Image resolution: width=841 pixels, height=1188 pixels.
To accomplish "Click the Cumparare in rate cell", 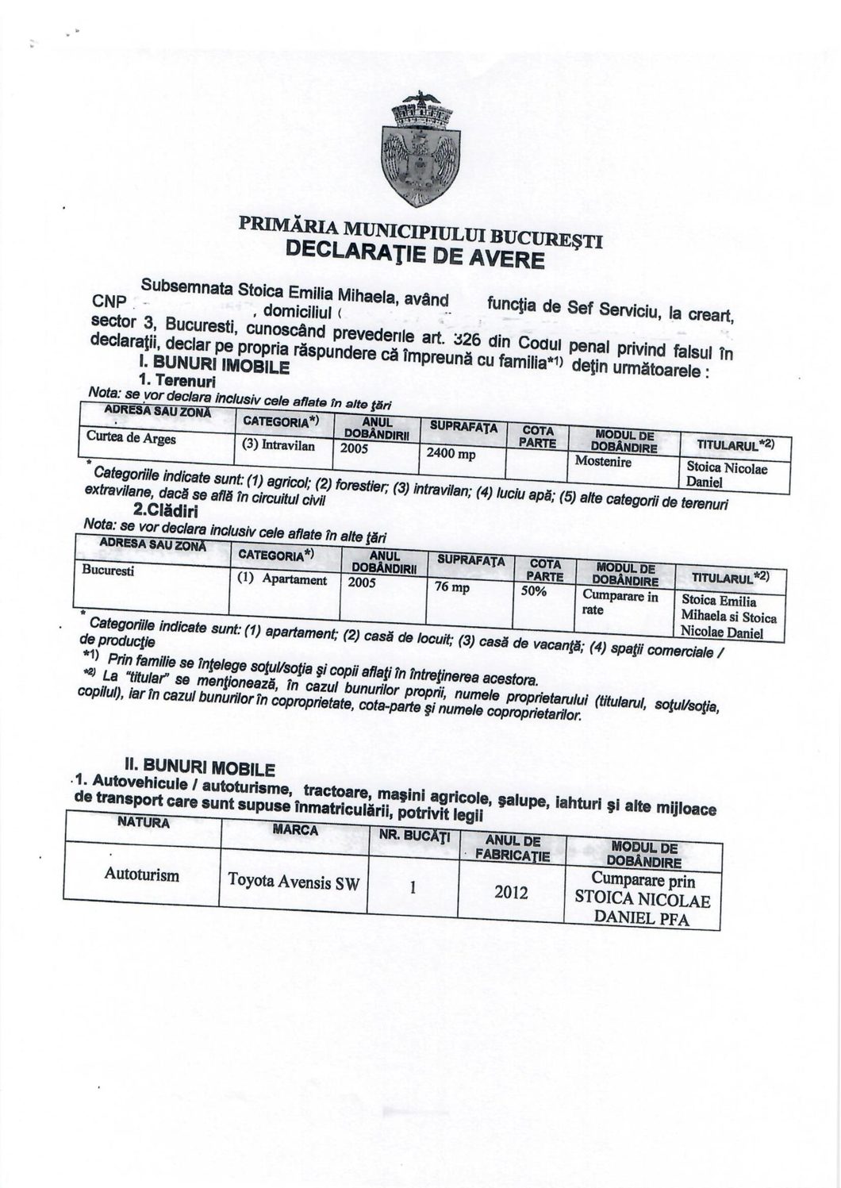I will pos(620,602).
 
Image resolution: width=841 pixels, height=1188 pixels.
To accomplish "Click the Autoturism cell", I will pos(141,875).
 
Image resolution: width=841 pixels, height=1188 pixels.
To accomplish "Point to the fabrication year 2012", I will pos(511,892).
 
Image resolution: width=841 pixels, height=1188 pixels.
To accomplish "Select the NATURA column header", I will pos(143,822).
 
